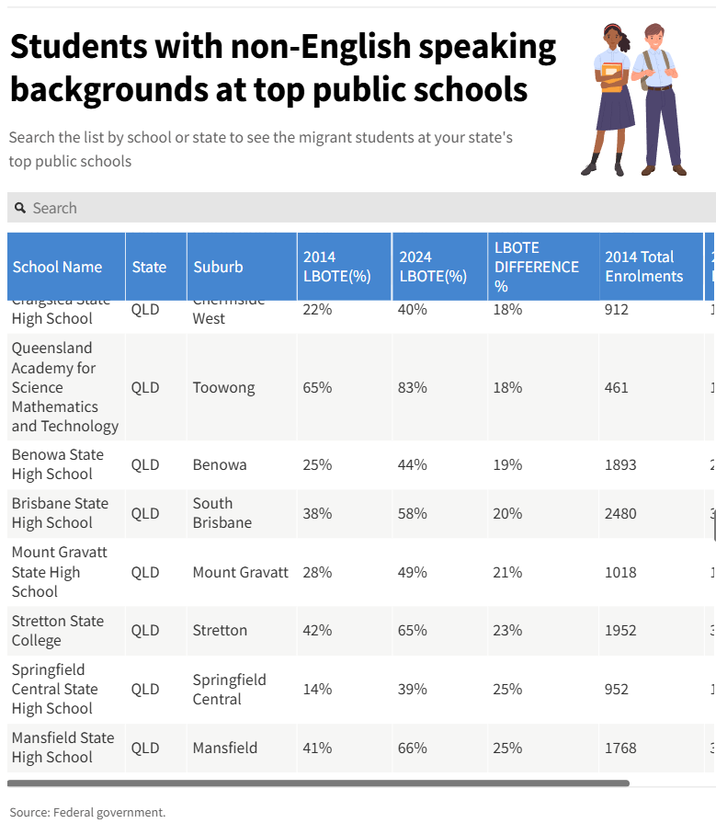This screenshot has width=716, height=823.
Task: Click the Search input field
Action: (x=368, y=208)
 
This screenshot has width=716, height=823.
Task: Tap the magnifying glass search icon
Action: (x=20, y=208)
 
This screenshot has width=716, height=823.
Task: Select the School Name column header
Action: (x=57, y=267)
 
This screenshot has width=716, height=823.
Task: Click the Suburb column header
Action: (x=218, y=267)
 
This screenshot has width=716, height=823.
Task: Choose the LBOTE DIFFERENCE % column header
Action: (x=537, y=267)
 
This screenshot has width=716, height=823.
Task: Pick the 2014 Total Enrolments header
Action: (x=643, y=267)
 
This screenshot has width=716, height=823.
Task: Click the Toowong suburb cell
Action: (x=223, y=387)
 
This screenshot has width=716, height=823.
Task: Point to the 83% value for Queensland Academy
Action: (x=412, y=387)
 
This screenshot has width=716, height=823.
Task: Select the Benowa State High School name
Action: (x=59, y=464)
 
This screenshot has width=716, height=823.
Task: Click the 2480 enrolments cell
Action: (x=620, y=513)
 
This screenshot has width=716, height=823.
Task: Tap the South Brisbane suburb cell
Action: (x=222, y=513)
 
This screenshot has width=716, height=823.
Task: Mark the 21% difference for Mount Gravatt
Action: (x=507, y=572)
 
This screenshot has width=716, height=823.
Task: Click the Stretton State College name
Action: (x=57, y=631)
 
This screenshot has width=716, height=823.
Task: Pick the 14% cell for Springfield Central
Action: (x=317, y=689)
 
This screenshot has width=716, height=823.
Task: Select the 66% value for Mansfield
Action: (x=412, y=748)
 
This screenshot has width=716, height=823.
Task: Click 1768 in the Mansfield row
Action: (x=620, y=748)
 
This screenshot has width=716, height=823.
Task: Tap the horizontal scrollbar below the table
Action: (x=318, y=783)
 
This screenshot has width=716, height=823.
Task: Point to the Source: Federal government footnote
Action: (x=87, y=812)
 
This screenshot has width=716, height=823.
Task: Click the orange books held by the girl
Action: (x=611, y=80)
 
